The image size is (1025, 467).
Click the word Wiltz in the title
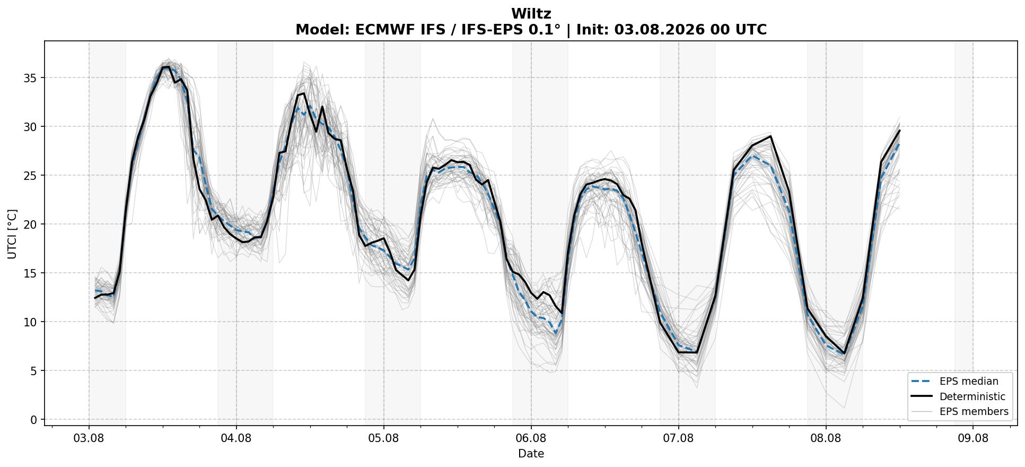point(531,14)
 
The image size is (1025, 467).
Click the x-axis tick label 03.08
point(89,438)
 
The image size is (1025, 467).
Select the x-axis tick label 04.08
point(236,438)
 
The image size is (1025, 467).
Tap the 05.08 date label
point(384,438)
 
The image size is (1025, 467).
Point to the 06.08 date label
point(531,438)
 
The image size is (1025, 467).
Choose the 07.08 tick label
point(678,438)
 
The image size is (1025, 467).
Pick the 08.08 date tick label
point(826,438)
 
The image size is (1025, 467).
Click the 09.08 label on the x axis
point(973,438)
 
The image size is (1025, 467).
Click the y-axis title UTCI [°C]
point(12,233)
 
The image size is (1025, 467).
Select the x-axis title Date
point(531,454)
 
